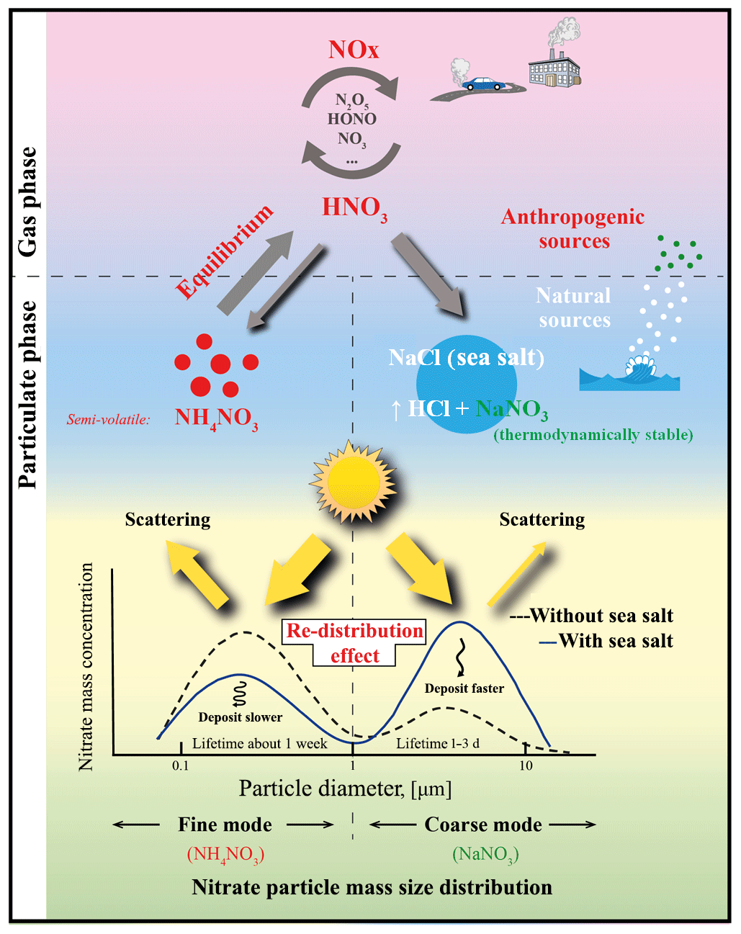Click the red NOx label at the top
click(353, 50)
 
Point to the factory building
click(553, 71)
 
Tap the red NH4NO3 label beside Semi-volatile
click(216, 418)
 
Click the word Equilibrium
click(225, 251)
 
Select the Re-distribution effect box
click(354, 643)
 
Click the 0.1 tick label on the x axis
click(180, 765)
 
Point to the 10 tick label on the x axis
click(526, 765)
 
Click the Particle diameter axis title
click(345, 789)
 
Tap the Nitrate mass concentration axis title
click(86, 667)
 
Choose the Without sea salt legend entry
click(591, 616)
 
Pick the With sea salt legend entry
click(606, 641)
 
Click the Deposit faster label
click(464, 688)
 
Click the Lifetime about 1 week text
click(259, 743)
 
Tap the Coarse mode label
click(482, 825)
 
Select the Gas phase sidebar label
click(27, 202)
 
